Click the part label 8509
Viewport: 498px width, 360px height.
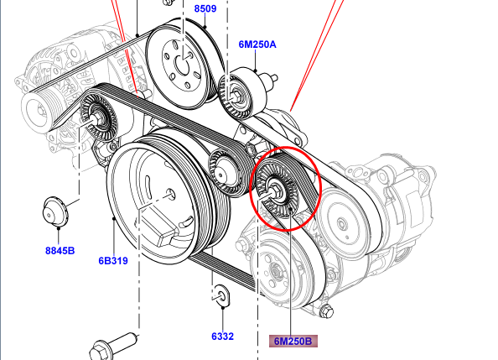(205, 8)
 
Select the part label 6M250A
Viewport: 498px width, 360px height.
(257, 44)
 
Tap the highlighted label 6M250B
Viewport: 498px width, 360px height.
(293, 342)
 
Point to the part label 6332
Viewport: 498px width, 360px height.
(222, 337)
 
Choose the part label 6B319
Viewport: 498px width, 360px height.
(113, 261)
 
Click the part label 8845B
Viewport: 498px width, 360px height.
(60, 251)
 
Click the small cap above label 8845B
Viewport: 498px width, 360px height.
(55, 212)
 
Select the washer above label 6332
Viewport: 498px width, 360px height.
(222, 295)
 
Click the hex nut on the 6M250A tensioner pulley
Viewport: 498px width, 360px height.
(236, 96)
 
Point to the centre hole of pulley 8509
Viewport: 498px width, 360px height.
(182, 65)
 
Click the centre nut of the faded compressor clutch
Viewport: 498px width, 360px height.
(275, 272)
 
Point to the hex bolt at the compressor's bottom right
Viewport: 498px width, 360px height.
(327, 310)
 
